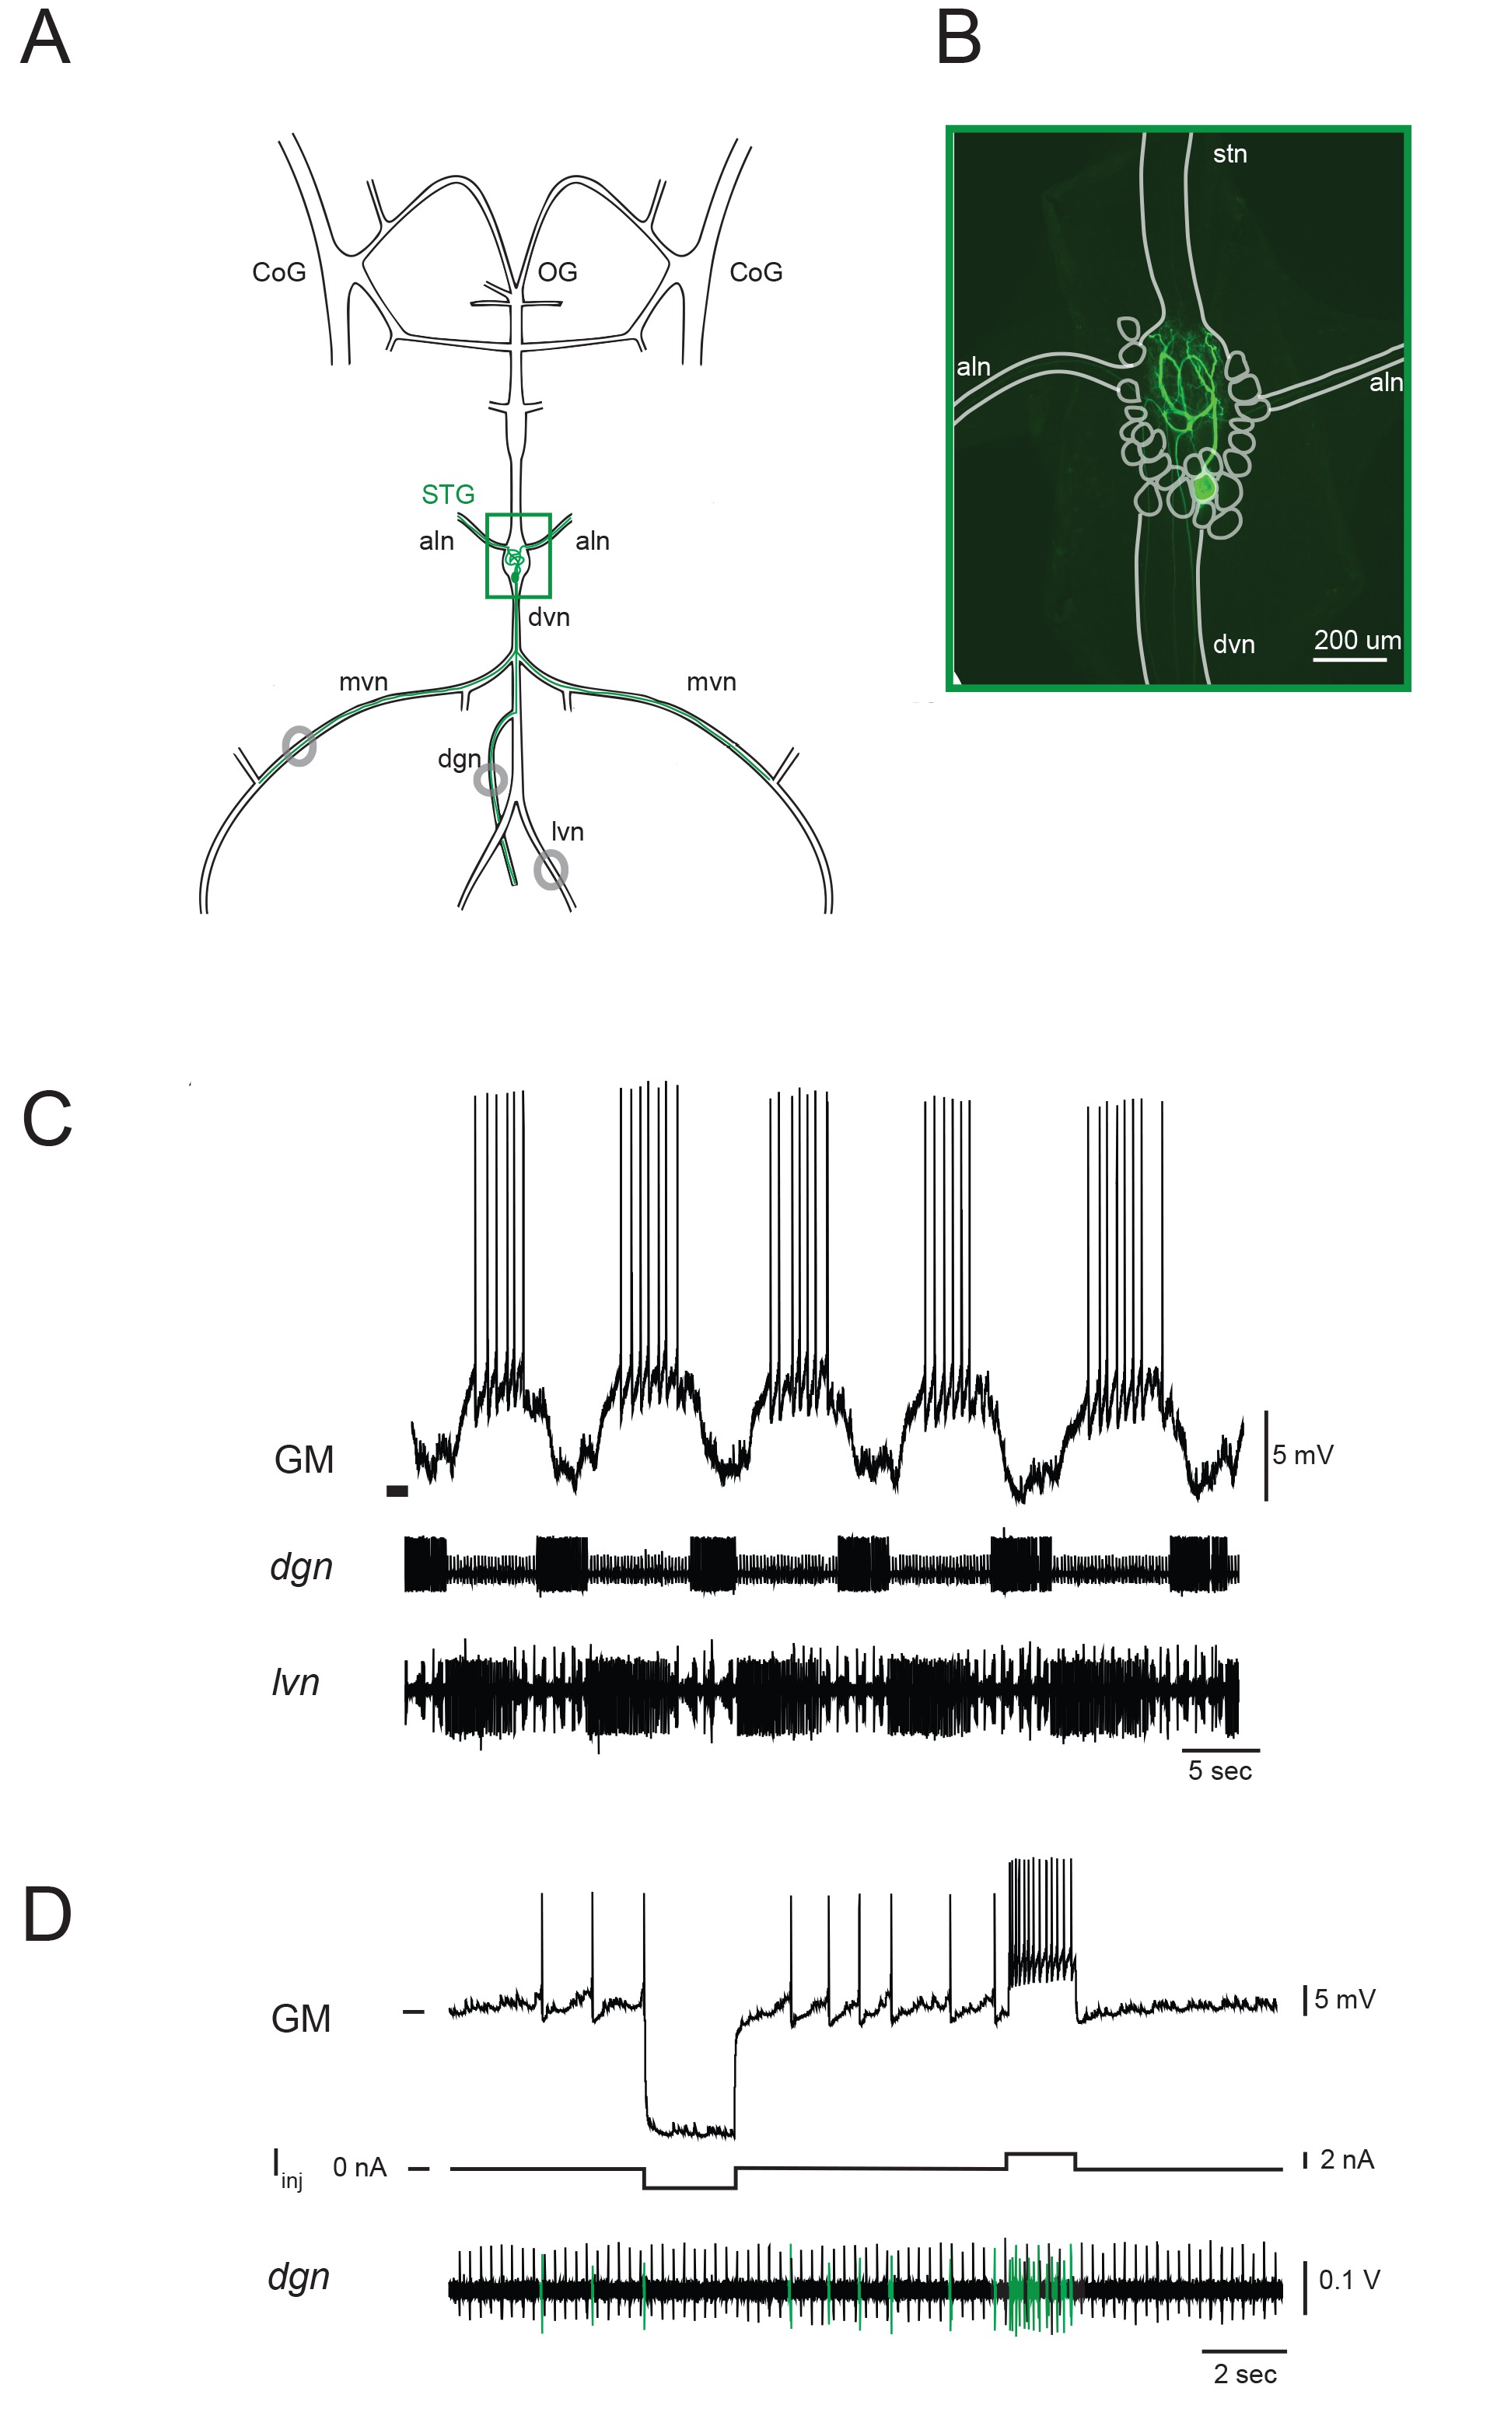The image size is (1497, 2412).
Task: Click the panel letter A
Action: coord(46,40)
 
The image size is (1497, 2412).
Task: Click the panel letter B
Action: coord(958,40)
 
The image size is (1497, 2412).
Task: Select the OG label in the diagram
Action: coord(558,272)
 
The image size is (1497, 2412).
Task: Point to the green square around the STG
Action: coord(518,516)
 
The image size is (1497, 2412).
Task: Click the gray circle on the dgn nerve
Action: coord(490,780)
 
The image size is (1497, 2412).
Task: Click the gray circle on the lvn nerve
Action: coord(551,870)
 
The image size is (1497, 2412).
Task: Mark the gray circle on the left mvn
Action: coord(299,745)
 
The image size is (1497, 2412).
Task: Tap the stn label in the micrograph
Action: coord(1229,155)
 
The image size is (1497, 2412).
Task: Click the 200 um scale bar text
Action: coord(1356,641)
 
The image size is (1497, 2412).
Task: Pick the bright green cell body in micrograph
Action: coord(1203,487)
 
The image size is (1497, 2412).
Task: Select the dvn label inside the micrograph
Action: coord(1233,645)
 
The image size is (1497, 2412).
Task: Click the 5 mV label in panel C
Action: coord(1302,1455)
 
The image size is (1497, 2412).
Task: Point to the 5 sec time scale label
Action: coord(1220,1771)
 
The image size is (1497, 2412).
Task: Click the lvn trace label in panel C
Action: coord(295,1683)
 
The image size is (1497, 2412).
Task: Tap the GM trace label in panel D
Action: coord(301,2019)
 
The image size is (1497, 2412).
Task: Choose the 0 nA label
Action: coord(359,2168)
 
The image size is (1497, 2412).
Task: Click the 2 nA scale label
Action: coord(1346,2159)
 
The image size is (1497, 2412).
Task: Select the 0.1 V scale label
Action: coord(1348,2281)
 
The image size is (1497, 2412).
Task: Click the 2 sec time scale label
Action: coord(1244,2373)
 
